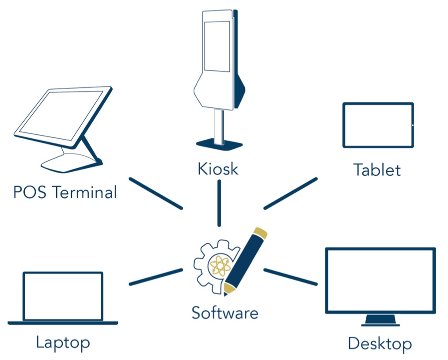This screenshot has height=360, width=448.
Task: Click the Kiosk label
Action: click(x=218, y=169)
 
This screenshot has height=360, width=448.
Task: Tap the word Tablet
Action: click(x=377, y=170)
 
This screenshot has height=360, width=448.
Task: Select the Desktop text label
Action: click(x=380, y=343)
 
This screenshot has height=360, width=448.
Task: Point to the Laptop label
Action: click(x=63, y=342)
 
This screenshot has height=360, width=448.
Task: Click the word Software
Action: click(x=224, y=313)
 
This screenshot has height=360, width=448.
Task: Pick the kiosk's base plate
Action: click(x=219, y=144)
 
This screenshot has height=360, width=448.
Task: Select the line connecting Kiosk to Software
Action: click(x=219, y=203)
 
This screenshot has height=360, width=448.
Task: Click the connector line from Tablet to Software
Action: click(x=290, y=193)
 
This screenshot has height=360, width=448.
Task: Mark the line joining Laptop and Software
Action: click(x=156, y=277)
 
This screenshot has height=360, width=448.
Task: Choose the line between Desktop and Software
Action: click(x=290, y=277)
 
